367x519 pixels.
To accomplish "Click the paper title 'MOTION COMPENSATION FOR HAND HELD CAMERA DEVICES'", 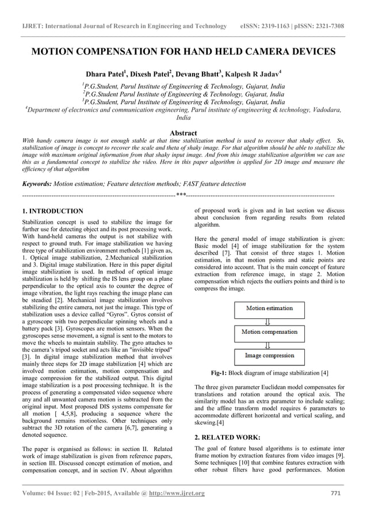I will point(183,52).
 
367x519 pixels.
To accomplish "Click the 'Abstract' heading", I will point(183,133).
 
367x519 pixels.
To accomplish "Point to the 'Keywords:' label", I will point(36,184).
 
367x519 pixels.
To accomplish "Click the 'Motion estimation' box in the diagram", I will point(269,309).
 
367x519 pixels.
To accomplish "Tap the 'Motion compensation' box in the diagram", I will point(269,333).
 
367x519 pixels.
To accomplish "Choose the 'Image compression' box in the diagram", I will point(269,356).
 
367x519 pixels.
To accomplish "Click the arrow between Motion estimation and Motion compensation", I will point(267,321).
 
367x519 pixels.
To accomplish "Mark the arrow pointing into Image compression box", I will point(267,345).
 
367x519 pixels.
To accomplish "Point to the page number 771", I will point(338,493).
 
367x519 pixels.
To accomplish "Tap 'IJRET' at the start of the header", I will point(31,26).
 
